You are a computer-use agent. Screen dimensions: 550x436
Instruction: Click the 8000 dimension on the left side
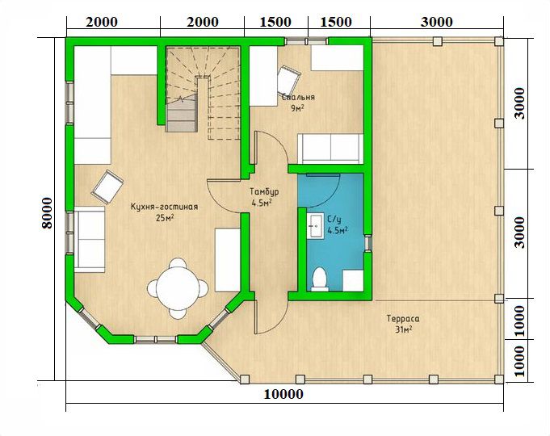coord(47,213)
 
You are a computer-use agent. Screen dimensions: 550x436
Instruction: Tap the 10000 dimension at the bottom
coord(283,394)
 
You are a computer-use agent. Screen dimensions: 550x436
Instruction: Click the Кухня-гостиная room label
coord(165,207)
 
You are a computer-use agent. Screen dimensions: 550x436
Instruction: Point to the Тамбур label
coord(264,191)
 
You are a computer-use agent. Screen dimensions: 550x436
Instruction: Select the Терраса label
coord(403,318)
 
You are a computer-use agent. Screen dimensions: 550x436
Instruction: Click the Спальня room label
coord(299,97)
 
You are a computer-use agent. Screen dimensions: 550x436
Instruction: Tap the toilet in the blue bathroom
coord(320,279)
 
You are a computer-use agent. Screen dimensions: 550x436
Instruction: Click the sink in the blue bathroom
coord(316,226)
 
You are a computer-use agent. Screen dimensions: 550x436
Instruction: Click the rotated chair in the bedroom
coord(289,79)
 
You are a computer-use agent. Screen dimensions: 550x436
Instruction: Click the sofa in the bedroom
coord(330,149)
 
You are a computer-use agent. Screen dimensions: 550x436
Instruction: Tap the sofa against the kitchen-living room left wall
coord(90,239)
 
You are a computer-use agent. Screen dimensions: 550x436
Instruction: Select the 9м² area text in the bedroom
coord(297,108)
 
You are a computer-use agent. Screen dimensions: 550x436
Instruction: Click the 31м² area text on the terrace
coord(403,329)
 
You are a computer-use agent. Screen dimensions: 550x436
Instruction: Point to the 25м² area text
coord(165,218)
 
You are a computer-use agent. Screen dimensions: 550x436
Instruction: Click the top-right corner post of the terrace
coord(499,41)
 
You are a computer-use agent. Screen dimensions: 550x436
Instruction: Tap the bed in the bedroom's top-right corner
coord(338,58)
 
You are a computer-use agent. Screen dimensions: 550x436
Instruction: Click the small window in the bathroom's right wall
coord(367,243)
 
